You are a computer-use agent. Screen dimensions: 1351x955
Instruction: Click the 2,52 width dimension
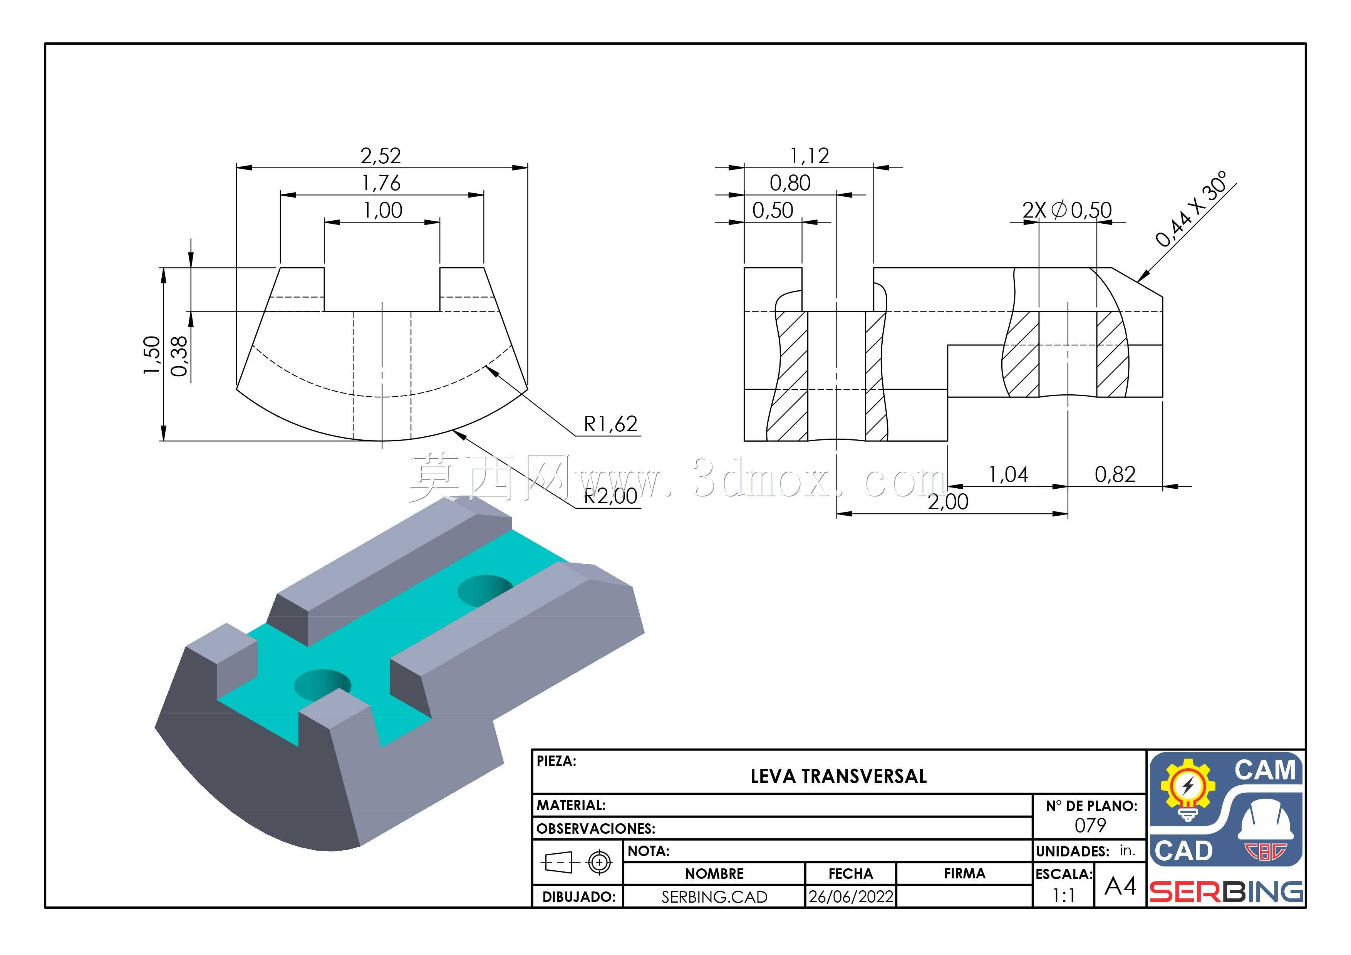coord(381,156)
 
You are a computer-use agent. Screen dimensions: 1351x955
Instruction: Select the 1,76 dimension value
coord(381,183)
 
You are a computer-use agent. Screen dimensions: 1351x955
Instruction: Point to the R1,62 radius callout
coord(610,424)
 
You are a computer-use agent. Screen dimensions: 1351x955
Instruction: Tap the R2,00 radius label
coord(610,496)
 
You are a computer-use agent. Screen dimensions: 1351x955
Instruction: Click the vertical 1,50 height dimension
coord(152,354)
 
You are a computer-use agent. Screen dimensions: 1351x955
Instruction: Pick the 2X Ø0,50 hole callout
coord(1067,210)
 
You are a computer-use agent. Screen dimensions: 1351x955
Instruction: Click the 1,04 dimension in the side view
coord(1008,474)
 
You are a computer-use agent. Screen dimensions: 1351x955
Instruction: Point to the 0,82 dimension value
coord(1115,474)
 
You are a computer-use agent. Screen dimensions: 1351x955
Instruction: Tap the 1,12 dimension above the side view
coord(809,156)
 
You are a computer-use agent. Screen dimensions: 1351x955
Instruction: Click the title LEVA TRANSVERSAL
coord(838,776)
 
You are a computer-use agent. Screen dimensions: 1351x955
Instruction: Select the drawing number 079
coord(1090,826)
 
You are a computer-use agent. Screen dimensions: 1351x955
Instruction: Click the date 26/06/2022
coord(851,897)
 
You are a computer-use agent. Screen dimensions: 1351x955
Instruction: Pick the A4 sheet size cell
coord(1120,886)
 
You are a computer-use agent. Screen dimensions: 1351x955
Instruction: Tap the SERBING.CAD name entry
coord(714,897)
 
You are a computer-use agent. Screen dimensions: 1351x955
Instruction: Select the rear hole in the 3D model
coord(485,590)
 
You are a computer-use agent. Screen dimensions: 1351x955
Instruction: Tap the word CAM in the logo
coord(1265,770)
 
